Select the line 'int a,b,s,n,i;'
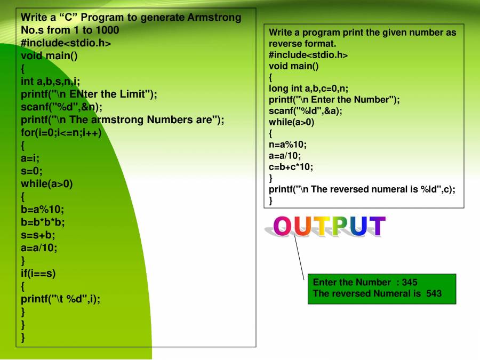(x=51, y=82)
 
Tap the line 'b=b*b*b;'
(x=43, y=222)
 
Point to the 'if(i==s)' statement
(x=38, y=274)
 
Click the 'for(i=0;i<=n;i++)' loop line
(x=61, y=133)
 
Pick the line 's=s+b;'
(x=38, y=235)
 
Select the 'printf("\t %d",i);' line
(x=60, y=299)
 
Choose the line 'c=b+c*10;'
(x=291, y=167)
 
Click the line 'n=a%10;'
(x=288, y=145)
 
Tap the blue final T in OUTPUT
(x=376, y=226)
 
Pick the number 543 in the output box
(x=434, y=293)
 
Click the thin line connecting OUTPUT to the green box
(x=300, y=259)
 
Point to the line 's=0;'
(x=31, y=171)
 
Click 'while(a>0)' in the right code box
(x=292, y=122)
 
